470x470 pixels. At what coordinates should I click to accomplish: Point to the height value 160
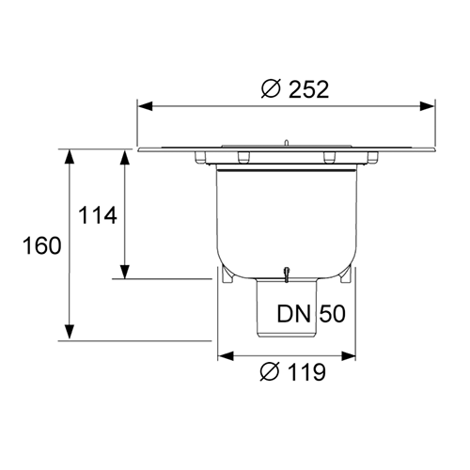pyautogui.click(x=41, y=246)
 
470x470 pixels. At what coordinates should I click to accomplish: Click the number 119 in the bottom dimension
pyautogui.click(x=305, y=373)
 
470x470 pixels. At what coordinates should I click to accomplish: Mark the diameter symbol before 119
pyautogui.click(x=267, y=373)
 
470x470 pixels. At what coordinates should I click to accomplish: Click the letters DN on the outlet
pyautogui.click(x=295, y=314)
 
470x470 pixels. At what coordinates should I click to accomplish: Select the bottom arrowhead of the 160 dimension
pyautogui.click(x=69, y=334)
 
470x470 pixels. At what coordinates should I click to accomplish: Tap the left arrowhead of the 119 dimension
pyautogui.click(x=225, y=356)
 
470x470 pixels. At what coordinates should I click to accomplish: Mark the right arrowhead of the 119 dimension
pyautogui.click(x=352, y=356)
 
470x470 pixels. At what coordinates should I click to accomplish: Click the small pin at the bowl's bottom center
pyautogui.click(x=286, y=274)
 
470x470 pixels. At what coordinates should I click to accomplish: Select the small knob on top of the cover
pyautogui.click(x=284, y=142)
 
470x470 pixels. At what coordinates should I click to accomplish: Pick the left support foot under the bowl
pyautogui.click(x=226, y=277)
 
